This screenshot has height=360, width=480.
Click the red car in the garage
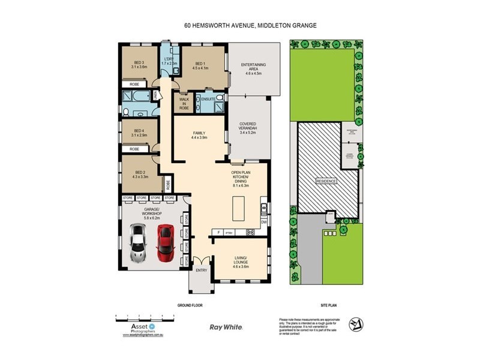166,244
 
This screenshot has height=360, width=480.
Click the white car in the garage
139,242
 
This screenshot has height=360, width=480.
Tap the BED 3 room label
139,64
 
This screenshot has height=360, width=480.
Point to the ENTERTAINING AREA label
253,68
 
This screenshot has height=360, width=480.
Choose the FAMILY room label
198,136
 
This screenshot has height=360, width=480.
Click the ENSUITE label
208,98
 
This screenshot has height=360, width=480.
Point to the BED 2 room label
139,175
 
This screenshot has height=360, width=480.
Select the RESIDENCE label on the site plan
327,181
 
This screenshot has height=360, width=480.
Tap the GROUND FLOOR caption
190,305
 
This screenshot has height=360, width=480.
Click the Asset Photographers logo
139,328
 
